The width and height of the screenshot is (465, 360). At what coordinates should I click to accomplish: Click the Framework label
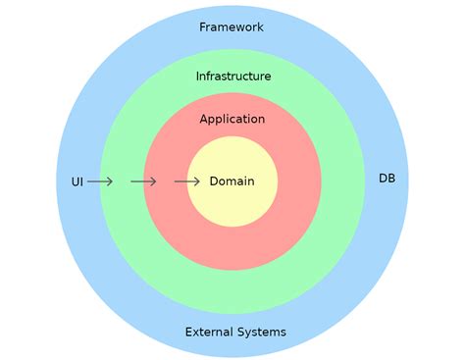232,27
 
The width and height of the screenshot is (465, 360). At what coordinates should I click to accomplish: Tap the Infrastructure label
233,76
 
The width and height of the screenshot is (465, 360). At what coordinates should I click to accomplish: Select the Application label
232,120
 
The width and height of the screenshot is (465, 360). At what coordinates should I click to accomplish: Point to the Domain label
232,181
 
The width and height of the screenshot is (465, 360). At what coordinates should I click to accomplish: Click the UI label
77,182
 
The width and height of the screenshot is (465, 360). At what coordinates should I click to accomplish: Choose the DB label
387,179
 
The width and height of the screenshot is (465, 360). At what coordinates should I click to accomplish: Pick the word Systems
262,333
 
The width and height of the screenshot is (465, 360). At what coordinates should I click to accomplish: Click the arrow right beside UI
100,181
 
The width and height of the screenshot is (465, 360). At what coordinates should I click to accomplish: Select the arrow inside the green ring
143,181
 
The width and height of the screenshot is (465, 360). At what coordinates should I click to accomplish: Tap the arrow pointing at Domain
186,181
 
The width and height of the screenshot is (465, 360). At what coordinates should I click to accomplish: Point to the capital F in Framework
203,27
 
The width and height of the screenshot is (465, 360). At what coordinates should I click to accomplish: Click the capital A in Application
204,120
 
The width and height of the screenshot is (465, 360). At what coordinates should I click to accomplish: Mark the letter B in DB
392,179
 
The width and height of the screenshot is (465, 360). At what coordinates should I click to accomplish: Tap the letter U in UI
75,182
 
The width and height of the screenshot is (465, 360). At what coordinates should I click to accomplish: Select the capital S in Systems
241,333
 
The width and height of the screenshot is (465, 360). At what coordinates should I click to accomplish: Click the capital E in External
188,333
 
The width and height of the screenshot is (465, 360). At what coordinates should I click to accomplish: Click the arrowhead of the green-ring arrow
154,181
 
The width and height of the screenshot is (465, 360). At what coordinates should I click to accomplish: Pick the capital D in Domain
214,181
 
